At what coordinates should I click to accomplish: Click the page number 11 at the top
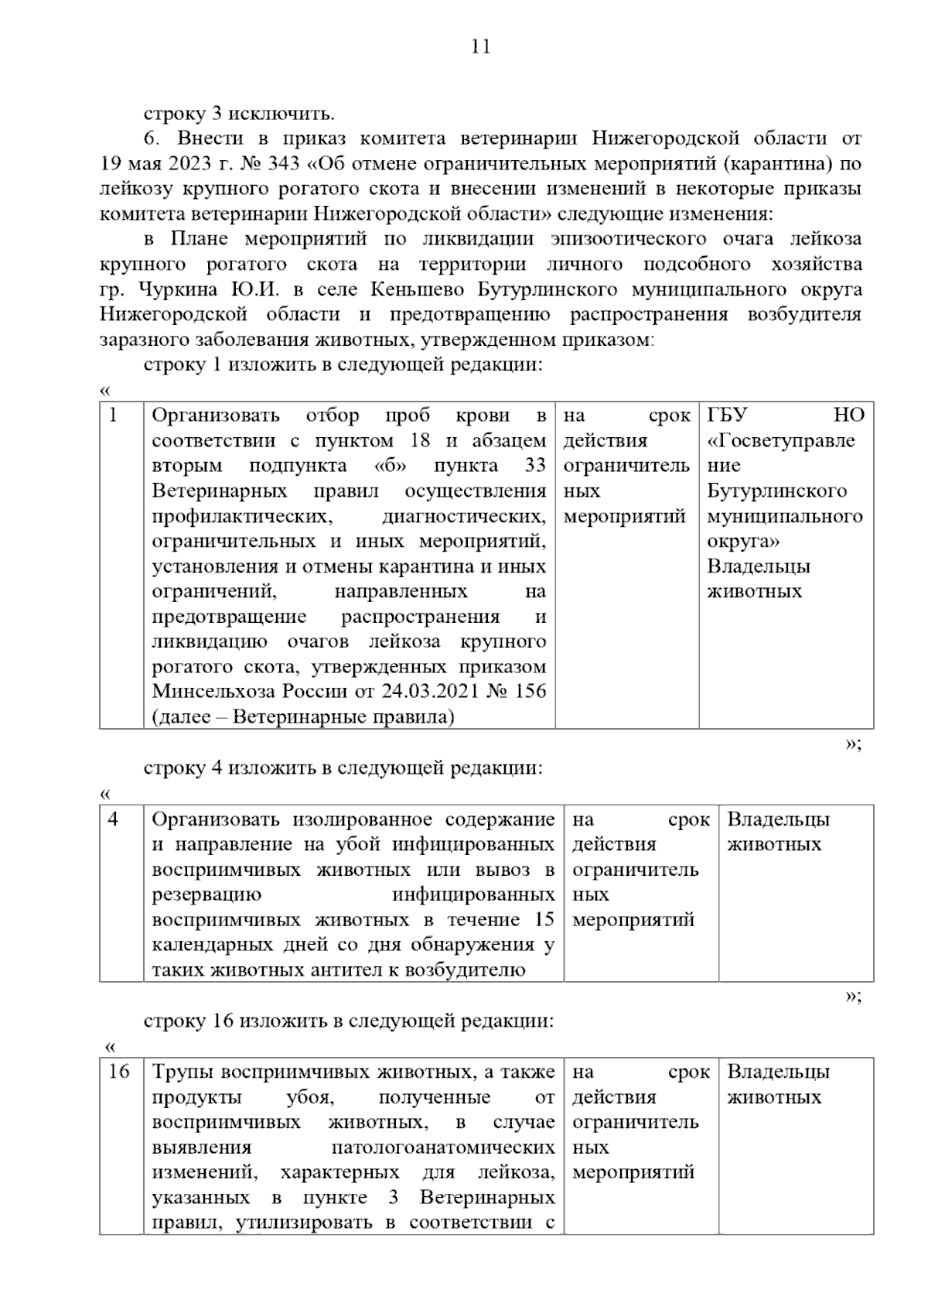(x=480, y=47)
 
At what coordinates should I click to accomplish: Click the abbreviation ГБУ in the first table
(x=727, y=415)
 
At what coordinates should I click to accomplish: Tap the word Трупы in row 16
(x=183, y=1072)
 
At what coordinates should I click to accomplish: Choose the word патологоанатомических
(x=442, y=1147)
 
